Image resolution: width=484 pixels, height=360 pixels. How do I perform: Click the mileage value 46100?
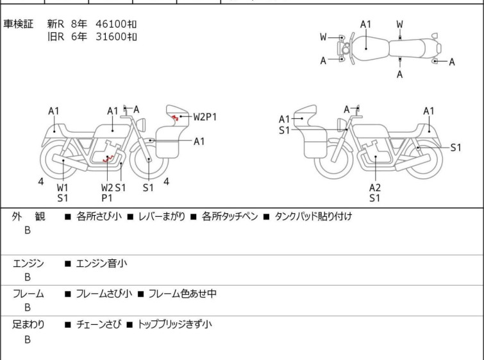pos(111,24)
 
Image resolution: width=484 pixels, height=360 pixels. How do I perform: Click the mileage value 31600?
pos(111,37)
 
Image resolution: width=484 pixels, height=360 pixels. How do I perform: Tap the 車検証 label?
pos(18,24)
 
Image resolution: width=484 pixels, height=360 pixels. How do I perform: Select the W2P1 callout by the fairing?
pos(205,117)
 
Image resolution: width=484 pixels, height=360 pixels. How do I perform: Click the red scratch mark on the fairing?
pos(175,117)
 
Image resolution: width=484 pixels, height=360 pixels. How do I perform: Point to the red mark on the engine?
pos(108,159)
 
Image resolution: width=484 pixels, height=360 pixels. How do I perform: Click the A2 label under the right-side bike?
pos(375,187)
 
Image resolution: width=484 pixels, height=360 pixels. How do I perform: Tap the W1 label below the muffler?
pos(63,187)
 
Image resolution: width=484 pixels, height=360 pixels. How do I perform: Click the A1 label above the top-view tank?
pos(365,24)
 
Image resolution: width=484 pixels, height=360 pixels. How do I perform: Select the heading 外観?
pos(28,216)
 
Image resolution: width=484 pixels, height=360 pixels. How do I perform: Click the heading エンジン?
pos(28,263)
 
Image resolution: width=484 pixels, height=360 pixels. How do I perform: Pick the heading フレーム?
pos(28,293)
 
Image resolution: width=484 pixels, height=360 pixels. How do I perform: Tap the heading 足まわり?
pos(28,325)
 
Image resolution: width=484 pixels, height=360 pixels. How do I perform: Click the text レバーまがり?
pos(162,216)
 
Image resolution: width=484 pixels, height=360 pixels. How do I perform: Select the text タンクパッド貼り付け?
pos(313,216)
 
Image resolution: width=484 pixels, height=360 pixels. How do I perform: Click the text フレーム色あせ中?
pos(183,293)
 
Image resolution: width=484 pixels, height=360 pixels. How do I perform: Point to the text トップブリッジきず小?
pos(174,325)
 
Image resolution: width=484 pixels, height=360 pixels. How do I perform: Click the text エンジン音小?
pos(101,263)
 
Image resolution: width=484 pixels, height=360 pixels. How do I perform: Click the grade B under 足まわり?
pos(28,339)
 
